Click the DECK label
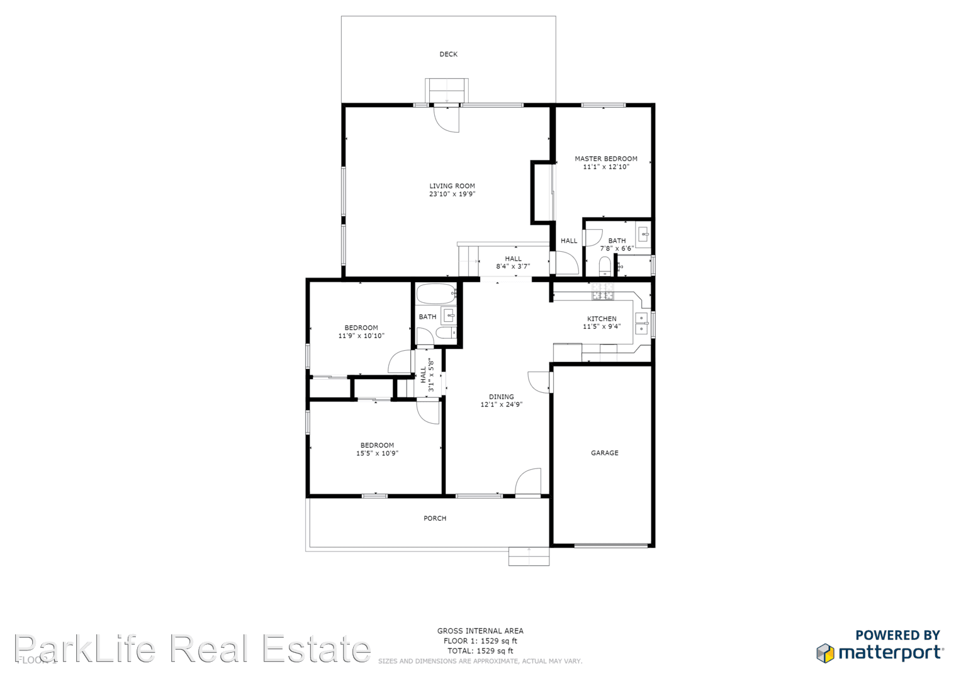448,54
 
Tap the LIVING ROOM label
452,186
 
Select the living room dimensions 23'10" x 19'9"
452,194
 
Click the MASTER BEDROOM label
605,159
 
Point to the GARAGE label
604,453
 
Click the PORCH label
435,518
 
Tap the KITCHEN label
602,319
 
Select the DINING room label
502,397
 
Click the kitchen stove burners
602,292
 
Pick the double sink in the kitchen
641,323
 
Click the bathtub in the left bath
436,293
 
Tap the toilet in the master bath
605,266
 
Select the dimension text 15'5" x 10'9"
377,453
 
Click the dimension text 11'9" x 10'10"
361,336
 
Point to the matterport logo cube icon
825,653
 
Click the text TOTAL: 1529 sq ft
480,651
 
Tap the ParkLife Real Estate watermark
192,649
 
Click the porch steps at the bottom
529,557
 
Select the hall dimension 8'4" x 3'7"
513,266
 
